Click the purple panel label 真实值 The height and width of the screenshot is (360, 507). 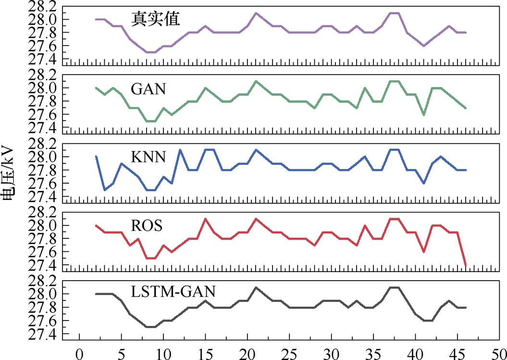[155, 19]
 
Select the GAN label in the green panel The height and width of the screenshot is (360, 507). [147, 89]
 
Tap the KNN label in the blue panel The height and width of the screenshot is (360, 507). [148, 158]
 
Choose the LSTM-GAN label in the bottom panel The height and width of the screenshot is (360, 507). [173, 292]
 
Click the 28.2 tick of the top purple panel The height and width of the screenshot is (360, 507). [44, 6]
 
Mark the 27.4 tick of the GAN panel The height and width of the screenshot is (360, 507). [44, 128]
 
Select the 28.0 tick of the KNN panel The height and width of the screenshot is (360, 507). [44, 157]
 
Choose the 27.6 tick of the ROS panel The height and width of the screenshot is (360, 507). [44, 252]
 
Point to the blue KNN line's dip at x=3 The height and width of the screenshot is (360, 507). [105, 190]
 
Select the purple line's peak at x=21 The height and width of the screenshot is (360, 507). [256, 13]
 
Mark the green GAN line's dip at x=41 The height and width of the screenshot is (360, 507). [424, 115]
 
